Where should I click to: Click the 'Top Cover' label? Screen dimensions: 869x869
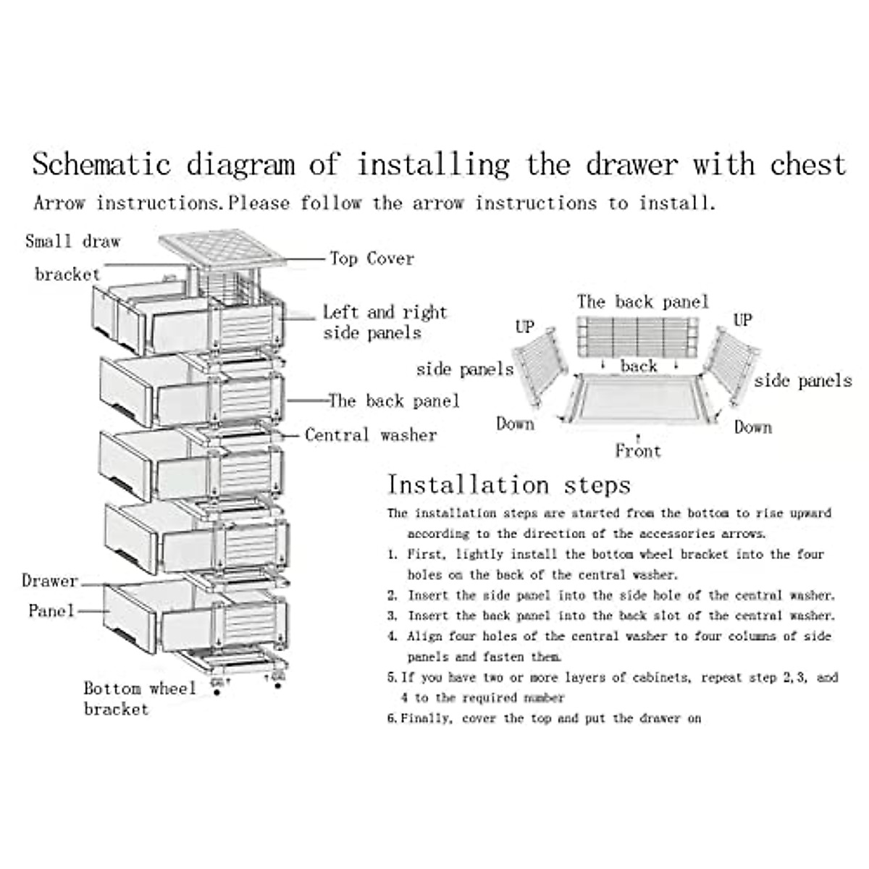371,259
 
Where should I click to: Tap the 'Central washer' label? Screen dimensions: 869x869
370,435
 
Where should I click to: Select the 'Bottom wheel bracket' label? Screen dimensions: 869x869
139,698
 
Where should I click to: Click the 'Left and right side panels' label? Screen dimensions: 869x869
385,322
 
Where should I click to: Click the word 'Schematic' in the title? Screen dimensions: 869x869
101,164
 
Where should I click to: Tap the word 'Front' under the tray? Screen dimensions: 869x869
638,451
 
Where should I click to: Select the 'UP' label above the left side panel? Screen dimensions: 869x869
525,327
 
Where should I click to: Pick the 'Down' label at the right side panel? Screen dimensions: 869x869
753,427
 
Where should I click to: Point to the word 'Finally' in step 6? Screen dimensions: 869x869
427,718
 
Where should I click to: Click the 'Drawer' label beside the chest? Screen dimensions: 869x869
49,581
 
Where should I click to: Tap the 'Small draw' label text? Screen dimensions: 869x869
72,241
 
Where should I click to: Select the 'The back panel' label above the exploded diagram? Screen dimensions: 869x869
642,302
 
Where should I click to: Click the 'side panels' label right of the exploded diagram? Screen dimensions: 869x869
803,381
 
